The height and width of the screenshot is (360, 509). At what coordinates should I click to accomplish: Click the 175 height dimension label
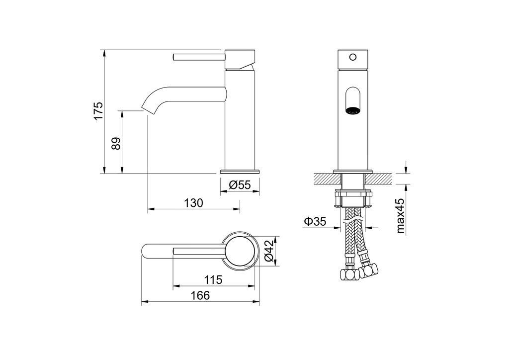[x=98, y=111]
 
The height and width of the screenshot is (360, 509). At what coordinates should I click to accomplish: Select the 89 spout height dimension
[x=116, y=143]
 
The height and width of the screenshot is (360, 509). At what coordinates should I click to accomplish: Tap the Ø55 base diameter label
[x=240, y=185]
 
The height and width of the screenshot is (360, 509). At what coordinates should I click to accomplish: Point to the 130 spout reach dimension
[x=194, y=203]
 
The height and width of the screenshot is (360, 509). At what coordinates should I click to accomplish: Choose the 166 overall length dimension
[x=200, y=295]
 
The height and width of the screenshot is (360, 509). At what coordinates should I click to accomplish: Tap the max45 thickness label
[x=401, y=216]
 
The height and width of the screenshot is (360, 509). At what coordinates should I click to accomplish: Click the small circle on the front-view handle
[x=353, y=58]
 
